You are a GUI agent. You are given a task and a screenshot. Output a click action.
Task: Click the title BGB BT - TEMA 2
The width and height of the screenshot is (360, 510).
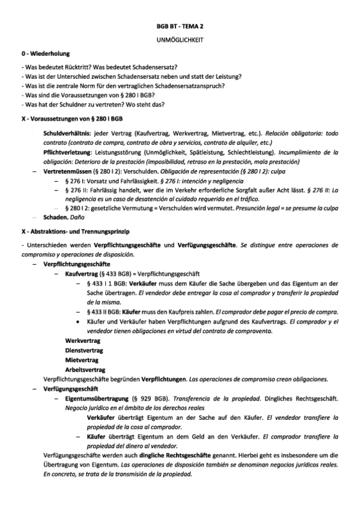coord(180,28)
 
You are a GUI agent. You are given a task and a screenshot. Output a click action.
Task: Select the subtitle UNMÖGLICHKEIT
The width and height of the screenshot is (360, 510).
coord(180,40)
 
